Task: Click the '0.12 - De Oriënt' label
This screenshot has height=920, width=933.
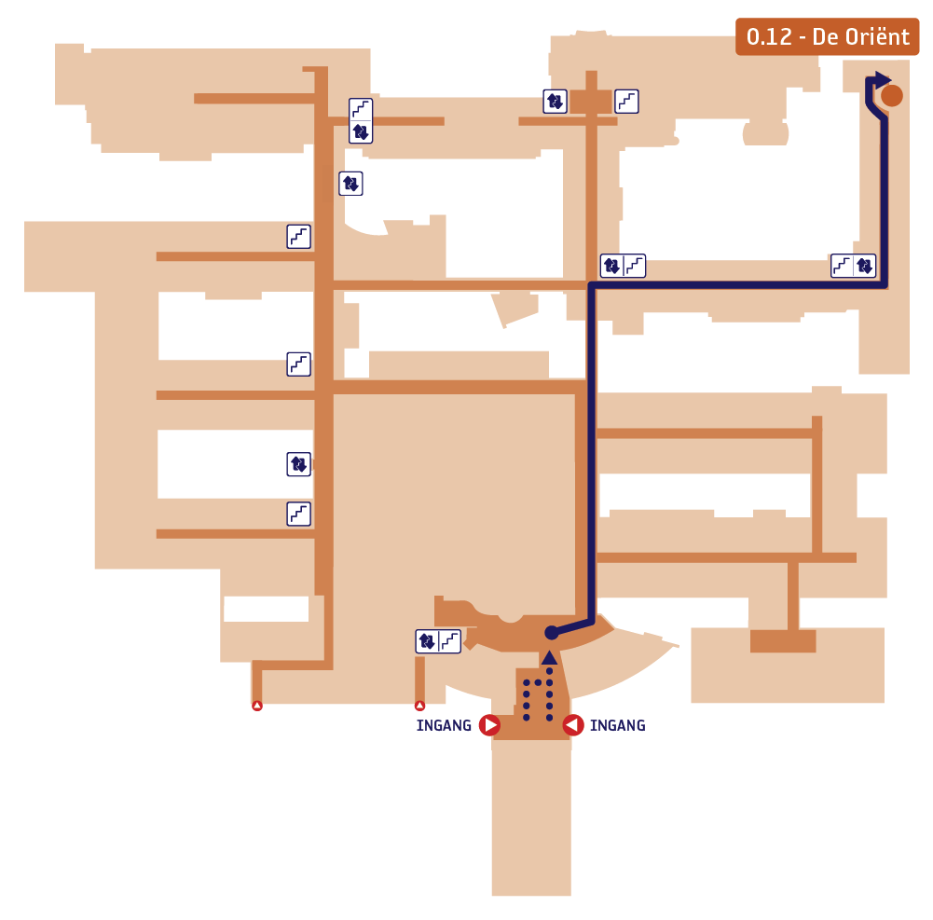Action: pyautogui.click(x=827, y=37)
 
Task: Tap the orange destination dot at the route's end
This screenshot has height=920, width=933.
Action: pyautogui.click(x=891, y=96)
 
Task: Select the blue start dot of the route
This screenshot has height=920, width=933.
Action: pyautogui.click(x=552, y=633)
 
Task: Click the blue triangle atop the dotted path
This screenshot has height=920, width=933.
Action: pyautogui.click(x=549, y=657)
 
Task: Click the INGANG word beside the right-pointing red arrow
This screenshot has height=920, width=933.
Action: pyautogui.click(x=444, y=725)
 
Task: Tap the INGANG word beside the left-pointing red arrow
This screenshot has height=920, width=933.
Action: pyautogui.click(x=618, y=725)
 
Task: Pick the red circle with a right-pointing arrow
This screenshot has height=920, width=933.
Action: pyautogui.click(x=489, y=725)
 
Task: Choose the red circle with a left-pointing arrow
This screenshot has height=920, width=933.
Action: pyautogui.click(x=573, y=725)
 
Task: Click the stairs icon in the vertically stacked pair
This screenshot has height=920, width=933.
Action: pyautogui.click(x=361, y=109)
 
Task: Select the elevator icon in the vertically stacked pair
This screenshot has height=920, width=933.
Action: pyautogui.click(x=361, y=131)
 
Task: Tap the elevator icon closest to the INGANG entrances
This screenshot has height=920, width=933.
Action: pyautogui.click(x=427, y=641)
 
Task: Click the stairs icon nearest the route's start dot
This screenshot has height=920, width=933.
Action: pyautogui.click(x=450, y=641)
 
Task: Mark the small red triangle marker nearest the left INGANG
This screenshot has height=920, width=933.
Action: pyautogui.click(x=419, y=706)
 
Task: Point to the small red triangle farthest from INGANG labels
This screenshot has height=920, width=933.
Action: pyautogui.click(x=257, y=706)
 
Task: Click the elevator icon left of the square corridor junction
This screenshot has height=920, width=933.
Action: pyautogui.click(x=555, y=102)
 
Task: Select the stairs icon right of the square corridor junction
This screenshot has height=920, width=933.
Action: pyautogui.click(x=626, y=102)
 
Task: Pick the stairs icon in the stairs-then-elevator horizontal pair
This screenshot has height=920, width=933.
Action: pyautogui.click(x=842, y=266)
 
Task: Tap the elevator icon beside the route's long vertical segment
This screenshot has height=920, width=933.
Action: pyautogui.click(x=611, y=266)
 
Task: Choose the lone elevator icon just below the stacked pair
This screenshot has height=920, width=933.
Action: pyautogui.click(x=350, y=184)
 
